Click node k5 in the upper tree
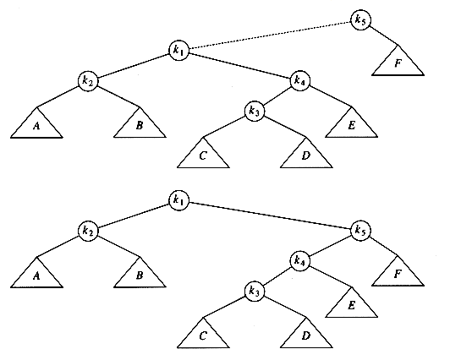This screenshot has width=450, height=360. coord(360,19)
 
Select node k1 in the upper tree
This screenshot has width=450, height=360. coord(178,50)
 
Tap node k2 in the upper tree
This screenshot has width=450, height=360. coord(88,80)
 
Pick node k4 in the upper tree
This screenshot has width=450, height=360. coord(300,80)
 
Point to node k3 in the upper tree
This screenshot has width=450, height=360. coord(255,111)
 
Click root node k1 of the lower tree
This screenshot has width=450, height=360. coord(178,200)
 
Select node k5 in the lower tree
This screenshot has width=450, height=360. coord(360,230)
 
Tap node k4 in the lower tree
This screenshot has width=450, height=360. coord(300,260)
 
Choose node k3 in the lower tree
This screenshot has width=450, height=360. coord(255,292)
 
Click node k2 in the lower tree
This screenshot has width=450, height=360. coord(88,231)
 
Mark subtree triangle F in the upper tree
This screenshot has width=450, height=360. coord(398,63)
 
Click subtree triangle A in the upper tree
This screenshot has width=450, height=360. coord(36,126)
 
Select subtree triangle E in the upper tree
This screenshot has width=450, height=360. coord(351,125)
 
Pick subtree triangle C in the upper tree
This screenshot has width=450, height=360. coord(203,155)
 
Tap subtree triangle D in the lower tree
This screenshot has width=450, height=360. coord(306,335)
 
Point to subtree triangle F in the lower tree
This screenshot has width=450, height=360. coord(398,275)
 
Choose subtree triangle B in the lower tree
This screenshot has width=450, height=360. coord(140,275)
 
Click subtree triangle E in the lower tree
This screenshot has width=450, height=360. coord(351,305)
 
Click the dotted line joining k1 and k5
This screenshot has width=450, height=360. coord(270,35)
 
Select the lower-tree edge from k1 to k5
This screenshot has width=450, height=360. coord(270,215)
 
